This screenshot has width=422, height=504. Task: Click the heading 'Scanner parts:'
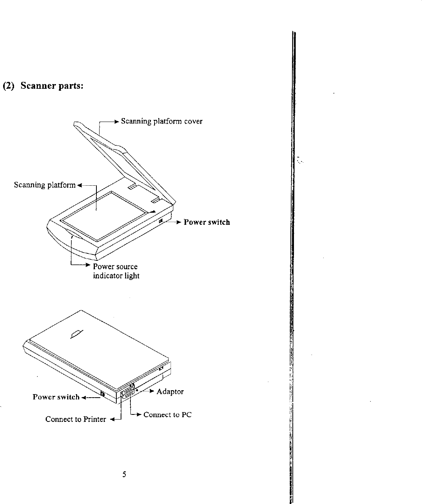click(52, 86)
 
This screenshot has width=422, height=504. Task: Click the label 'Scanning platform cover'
click(162, 121)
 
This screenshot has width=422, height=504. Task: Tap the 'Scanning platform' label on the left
click(45, 185)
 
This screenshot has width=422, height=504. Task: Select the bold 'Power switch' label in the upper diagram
click(207, 222)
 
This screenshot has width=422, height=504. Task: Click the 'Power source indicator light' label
click(116, 271)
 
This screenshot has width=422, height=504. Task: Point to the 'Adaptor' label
click(170, 391)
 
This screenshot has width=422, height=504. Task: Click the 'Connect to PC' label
click(167, 414)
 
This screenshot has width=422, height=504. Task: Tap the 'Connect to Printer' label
click(75, 419)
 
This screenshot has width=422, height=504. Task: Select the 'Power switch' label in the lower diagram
click(56, 397)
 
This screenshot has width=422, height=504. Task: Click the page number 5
click(124, 475)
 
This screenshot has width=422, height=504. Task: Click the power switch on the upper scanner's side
click(161, 222)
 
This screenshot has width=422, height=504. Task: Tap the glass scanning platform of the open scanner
click(105, 215)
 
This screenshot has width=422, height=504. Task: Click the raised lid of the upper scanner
click(117, 152)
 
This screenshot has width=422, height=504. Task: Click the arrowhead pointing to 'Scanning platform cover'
click(116, 122)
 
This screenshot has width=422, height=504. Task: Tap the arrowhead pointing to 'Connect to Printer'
click(111, 420)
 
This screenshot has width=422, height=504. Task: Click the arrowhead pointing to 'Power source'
click(88, 265)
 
